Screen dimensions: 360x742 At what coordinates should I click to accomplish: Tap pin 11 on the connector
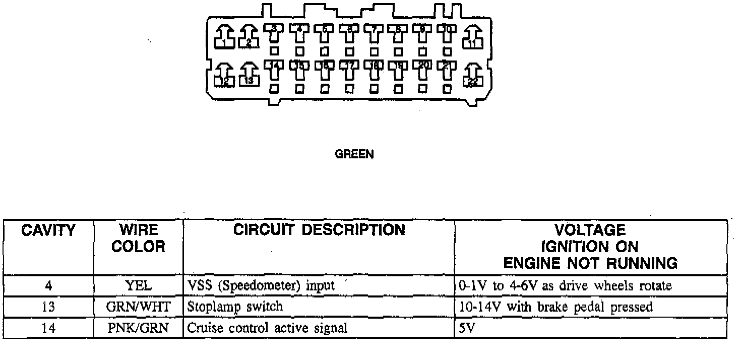473,38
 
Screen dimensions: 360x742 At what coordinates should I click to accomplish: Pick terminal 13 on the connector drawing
249,76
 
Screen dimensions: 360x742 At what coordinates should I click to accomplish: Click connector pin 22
473,77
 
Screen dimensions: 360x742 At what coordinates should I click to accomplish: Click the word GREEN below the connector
354,155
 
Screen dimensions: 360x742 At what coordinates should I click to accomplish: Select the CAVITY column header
48,231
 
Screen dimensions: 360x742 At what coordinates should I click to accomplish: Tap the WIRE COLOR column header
138,238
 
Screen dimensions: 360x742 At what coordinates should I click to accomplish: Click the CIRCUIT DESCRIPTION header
319,230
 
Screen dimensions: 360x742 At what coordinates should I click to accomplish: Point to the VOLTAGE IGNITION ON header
590,247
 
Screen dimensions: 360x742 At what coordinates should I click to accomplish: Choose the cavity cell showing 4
48,286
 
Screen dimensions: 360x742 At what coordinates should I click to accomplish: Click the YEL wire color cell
138,286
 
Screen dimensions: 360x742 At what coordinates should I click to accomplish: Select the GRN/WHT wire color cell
138,307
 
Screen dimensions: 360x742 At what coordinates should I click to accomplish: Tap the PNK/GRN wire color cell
138,328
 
